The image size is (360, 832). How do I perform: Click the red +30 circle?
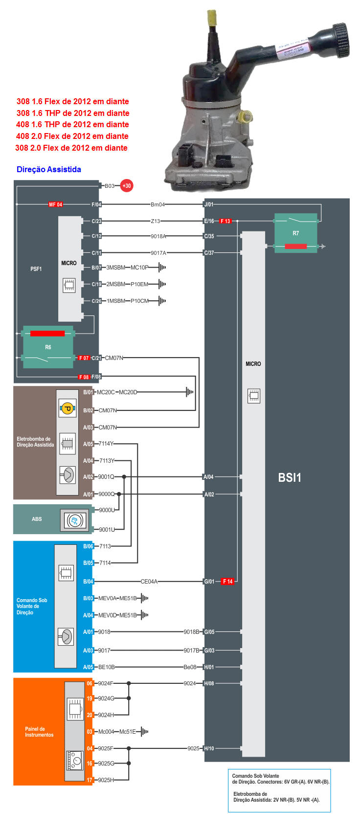click(x=127, y=186)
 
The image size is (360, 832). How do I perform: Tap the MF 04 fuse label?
click(x=55, y=204)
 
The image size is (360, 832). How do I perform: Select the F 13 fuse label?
click(x=225, y=221)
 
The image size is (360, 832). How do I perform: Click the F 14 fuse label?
click(x=227, y=582)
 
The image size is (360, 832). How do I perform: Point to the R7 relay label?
click(x=295, y=233)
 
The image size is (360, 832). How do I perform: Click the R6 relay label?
click(x=48, y=347)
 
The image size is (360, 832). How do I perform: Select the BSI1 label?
click(x=290, y=478)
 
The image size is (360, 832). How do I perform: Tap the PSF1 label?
click(x=36, y=269)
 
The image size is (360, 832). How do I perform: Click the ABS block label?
click(x=37, y=519)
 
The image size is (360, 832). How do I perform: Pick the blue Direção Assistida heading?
click(x=49, y=169)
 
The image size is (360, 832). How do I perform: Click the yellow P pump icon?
click(x=67, y=408)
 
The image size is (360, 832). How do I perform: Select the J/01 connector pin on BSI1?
click(x=209, y=204)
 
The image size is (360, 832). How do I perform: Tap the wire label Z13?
click(x=155, y=221)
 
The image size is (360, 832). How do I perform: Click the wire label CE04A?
click(x=149, y=582)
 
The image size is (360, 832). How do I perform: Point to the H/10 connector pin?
click(x=209, y=748)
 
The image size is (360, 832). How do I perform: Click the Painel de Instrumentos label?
click(x=39, y=732)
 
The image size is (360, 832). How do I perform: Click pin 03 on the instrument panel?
click(x=90, y=732)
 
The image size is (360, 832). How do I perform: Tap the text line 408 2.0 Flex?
click(x=72, y=136)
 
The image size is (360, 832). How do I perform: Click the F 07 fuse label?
click(x=84, y=358)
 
